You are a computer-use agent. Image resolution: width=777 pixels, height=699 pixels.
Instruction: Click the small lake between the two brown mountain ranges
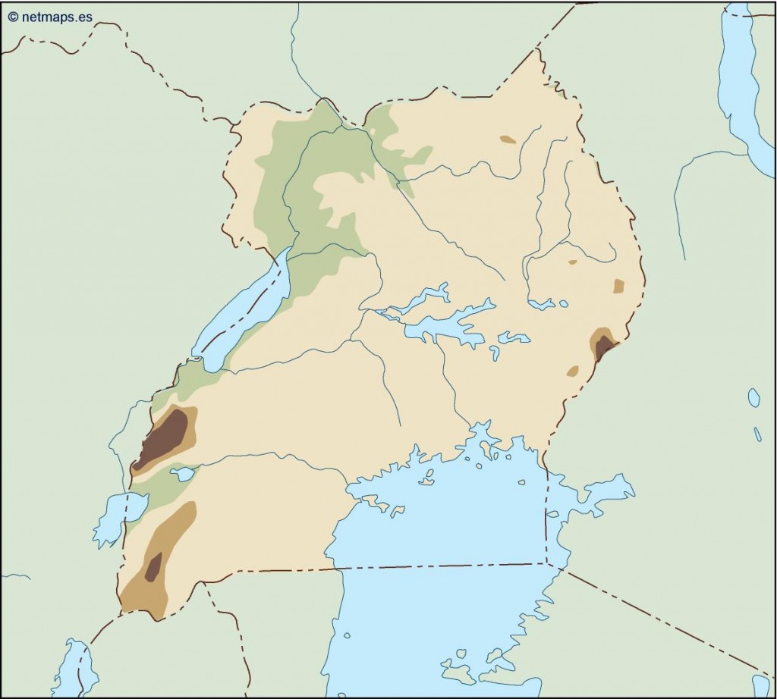tap(183, 474)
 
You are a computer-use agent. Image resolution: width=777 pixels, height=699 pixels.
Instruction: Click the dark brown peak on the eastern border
tap(604, 347)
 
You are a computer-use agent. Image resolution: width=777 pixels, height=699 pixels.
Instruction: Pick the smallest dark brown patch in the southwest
tap(153, 567)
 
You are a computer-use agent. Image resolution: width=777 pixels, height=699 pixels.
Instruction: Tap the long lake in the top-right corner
tap(740, 83)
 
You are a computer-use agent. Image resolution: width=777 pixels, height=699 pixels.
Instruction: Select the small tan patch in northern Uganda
tap(508, 139)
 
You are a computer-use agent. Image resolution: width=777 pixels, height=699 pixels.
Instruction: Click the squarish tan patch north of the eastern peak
tap(618, 286)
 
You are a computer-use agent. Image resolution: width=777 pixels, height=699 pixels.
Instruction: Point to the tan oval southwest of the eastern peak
tap(573, 371)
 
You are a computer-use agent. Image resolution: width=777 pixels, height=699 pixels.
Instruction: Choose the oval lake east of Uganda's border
tap(753, 397)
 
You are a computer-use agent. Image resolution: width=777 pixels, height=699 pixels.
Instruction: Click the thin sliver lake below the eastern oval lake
tap(757, 434)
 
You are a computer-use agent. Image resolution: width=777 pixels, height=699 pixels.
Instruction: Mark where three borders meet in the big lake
tap(546, 563)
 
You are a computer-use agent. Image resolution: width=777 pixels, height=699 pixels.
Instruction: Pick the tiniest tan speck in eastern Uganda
tap(573, 262)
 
